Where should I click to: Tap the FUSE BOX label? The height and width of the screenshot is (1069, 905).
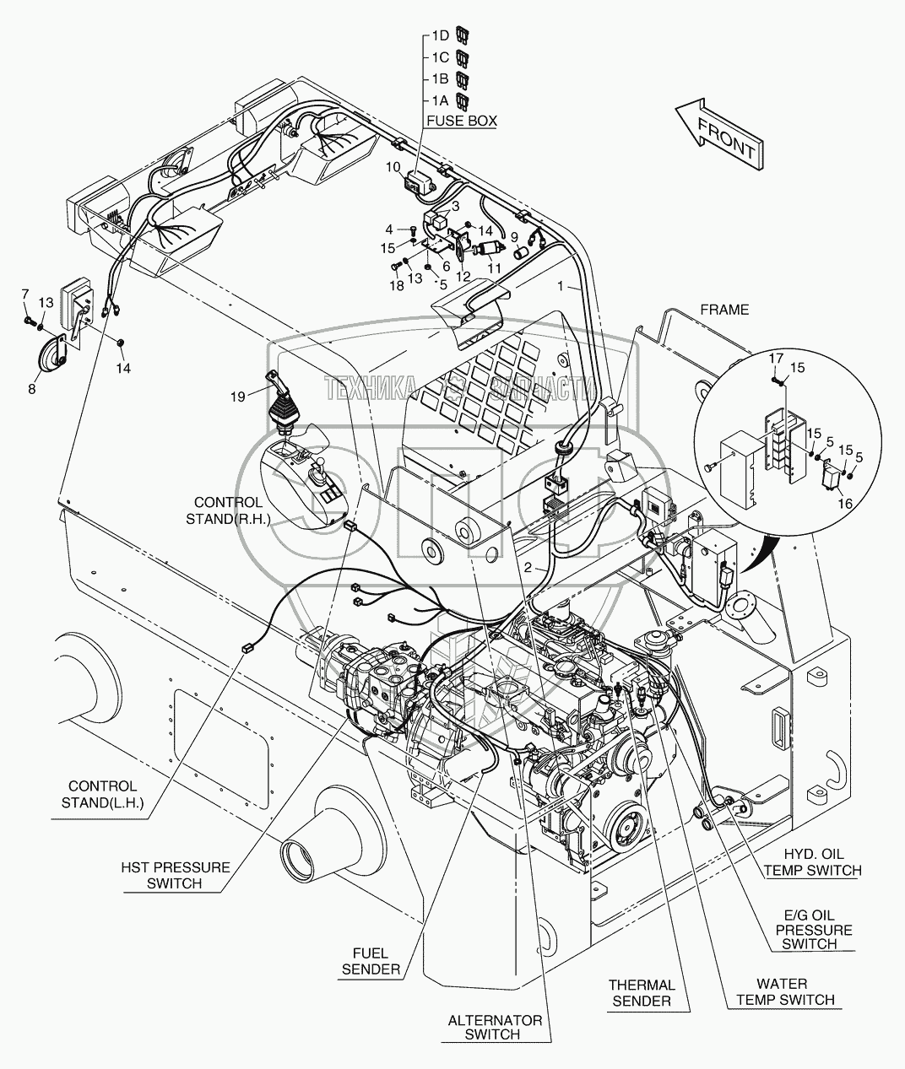pos(461,121)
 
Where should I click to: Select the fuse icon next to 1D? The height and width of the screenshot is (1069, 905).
pos(462,35)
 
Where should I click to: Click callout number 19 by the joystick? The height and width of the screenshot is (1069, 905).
pos(237,397)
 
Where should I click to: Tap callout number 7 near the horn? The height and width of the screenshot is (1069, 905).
pos(24,294)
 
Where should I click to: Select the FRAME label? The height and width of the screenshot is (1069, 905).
pos(724,310)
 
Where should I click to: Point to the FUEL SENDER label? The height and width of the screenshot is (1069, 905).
pos(371,961)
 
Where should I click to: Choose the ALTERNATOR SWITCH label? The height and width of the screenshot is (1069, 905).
pos(495,1029)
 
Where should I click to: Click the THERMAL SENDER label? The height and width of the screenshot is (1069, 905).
pos(642,993)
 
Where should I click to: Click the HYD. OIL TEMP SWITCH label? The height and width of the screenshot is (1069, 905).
pos(814,862)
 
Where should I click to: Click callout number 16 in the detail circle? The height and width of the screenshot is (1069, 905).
pos(844,504)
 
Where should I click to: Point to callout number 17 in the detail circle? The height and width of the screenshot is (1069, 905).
pos(776,358)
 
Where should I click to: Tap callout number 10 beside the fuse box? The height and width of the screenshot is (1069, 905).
pos(393,166)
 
